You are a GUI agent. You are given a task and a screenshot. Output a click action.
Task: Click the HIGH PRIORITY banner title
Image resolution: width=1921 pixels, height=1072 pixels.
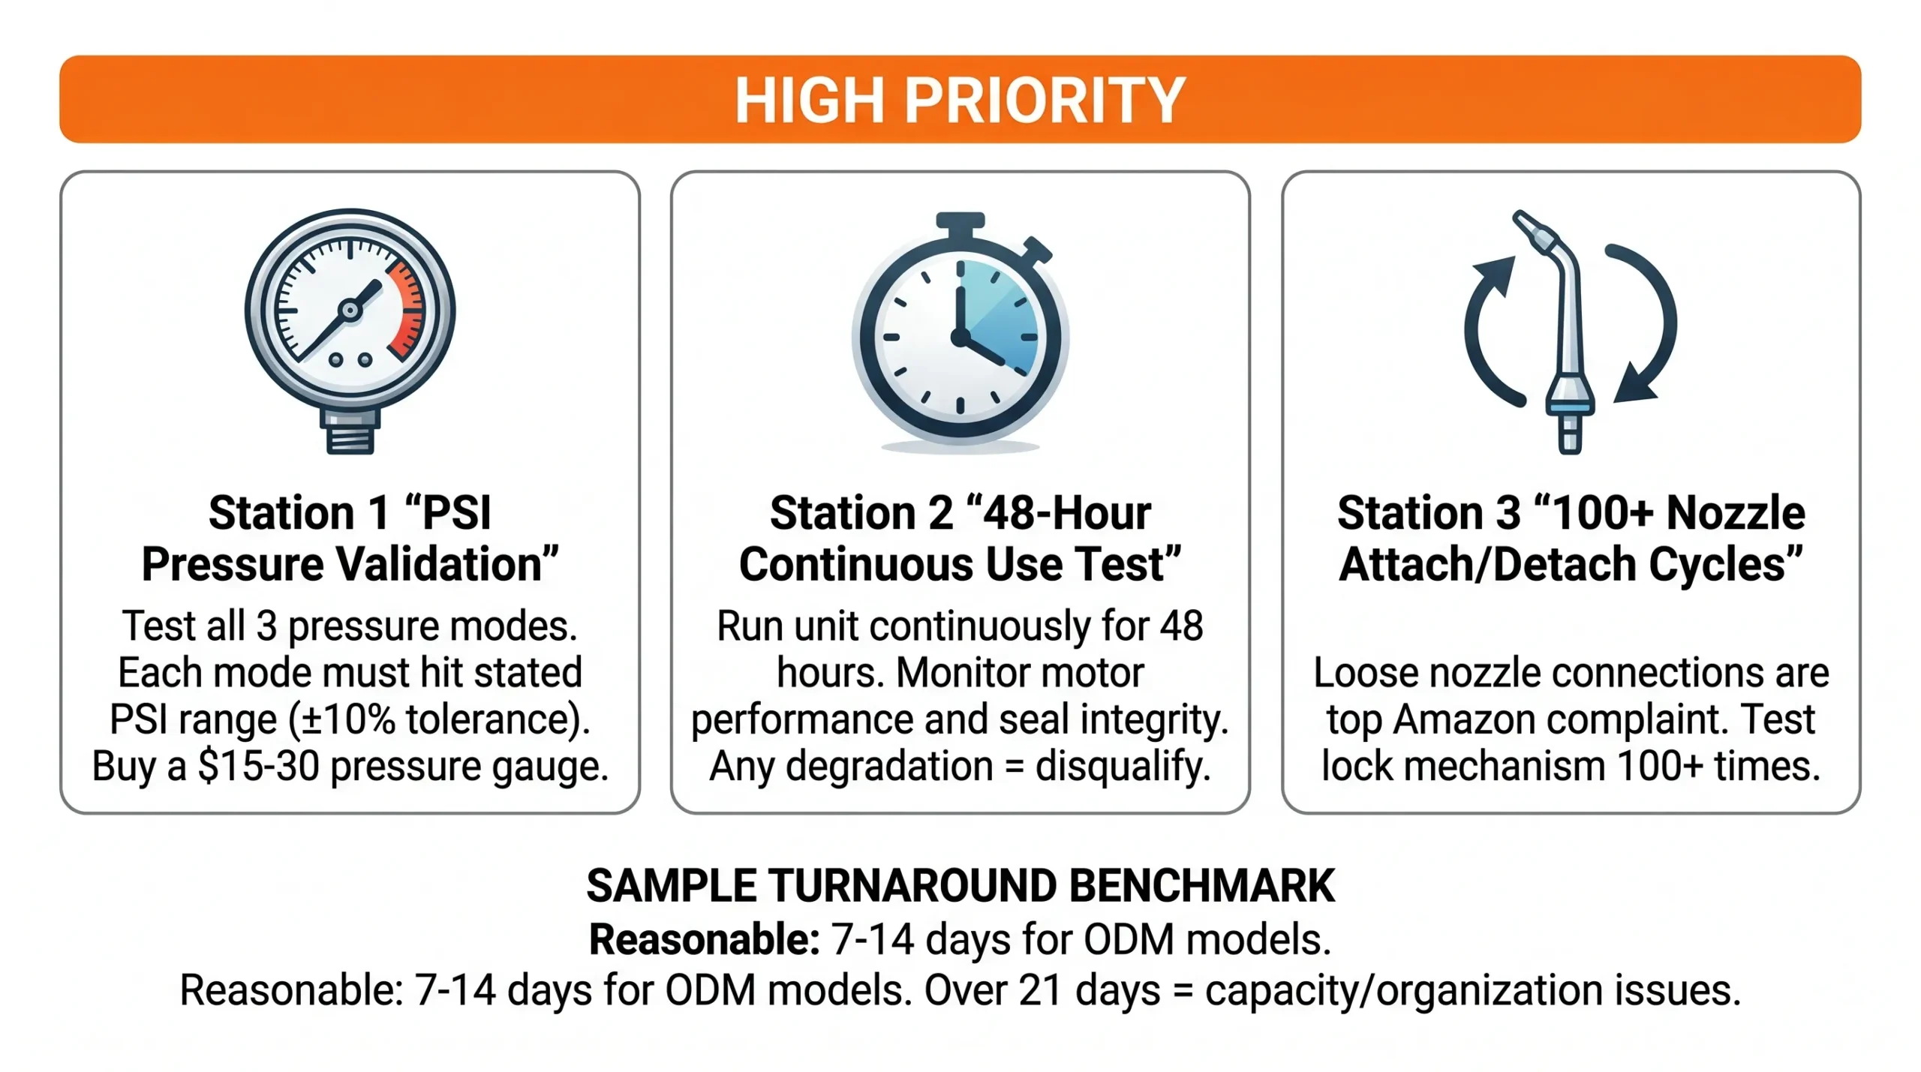(x=960, y=101)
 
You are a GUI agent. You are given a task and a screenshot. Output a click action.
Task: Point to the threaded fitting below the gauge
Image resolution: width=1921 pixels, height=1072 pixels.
(x=350, y=431)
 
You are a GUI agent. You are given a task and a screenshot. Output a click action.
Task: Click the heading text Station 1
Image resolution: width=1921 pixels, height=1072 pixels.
(x=299, y=513)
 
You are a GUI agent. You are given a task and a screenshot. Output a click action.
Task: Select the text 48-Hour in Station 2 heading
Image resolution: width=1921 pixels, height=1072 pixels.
(x=1066, y=513)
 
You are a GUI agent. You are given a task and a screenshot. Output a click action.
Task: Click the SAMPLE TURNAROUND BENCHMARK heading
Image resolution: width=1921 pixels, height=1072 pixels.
(x=960, y=886)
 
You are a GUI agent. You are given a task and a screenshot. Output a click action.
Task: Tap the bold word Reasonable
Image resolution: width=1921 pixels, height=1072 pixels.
(x=704, y=939)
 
